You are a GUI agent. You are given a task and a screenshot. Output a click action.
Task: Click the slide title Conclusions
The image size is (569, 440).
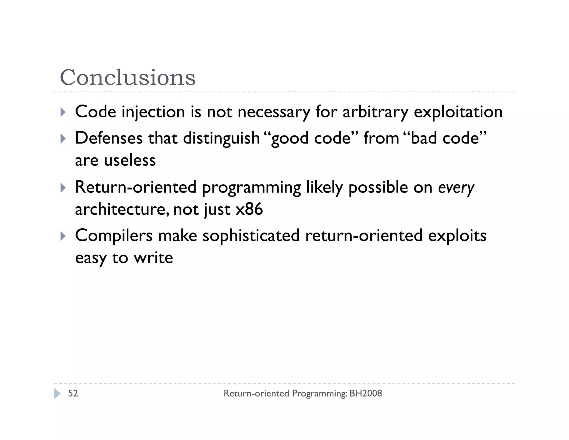click(128, 77)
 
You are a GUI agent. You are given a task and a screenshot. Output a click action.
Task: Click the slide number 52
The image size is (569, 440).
click(73, 393)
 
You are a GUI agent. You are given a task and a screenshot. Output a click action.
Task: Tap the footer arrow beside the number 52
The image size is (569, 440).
click(57, 394)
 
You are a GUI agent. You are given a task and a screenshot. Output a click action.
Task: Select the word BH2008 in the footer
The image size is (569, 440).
click(366, 393)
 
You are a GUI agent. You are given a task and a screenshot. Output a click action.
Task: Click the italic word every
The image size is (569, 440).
click(456, 187)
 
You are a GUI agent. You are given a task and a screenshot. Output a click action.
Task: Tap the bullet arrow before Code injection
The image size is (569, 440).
click(63, 112)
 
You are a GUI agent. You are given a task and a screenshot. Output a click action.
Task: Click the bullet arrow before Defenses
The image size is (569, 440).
click(63, 139)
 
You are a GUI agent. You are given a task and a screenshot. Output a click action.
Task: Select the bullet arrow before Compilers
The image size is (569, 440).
click(63, 236)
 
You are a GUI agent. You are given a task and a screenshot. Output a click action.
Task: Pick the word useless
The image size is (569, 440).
click(130, 160)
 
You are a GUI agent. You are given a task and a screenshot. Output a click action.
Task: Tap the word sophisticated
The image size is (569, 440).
click(251, 236)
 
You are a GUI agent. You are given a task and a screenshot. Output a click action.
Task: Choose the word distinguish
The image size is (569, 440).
click(221, 138)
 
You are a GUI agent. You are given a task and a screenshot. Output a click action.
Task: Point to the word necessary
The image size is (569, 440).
click(274, 112)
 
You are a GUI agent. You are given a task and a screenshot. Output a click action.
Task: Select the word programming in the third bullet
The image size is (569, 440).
click(251, 187)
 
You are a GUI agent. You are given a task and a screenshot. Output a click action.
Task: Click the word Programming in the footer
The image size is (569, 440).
click(320, 393)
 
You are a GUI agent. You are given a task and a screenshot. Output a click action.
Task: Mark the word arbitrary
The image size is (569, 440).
click(375, 112)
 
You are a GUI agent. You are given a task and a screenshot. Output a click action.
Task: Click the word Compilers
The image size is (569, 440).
click(114, 236)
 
